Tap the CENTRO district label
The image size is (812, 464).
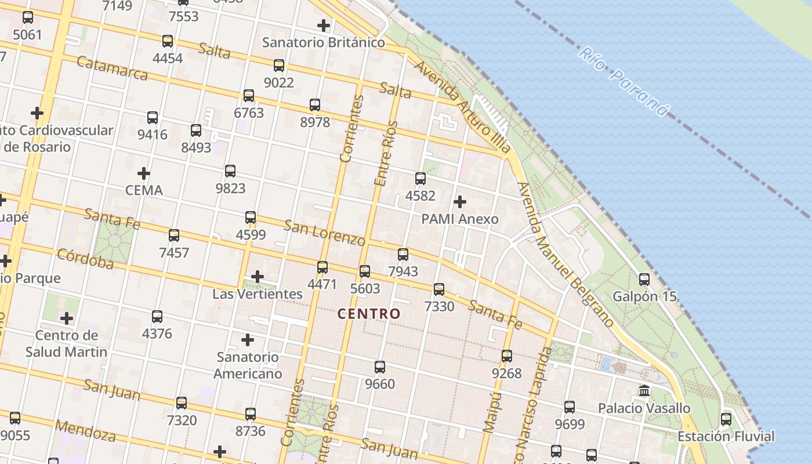coord(369,314)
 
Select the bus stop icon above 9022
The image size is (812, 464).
coord(279,65)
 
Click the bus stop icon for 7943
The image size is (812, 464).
coord(403,254)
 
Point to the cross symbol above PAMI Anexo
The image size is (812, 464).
coord(460,202)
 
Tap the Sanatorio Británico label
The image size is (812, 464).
coord(323,42)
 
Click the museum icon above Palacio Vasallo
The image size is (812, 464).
coord(644,391)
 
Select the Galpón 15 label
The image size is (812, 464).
coord(644,296)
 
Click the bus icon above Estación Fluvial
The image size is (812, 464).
coord(726,419)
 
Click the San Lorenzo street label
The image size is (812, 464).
coord(325,233)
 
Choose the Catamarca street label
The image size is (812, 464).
coord(112,68)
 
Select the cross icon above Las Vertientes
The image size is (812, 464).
coord(258,277)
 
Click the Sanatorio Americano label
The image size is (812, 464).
coord(248,365)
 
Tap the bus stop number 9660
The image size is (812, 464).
coord(380,384)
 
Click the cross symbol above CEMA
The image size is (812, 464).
coord(144,173)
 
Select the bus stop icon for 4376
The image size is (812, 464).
coord(157,317)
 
